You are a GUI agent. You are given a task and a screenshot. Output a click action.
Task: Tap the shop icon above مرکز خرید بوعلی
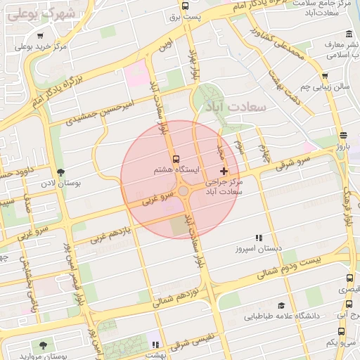tap(40, 37)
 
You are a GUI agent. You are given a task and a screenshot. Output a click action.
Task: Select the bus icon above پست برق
tap(185, 6)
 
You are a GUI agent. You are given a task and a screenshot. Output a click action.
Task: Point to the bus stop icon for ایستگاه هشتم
tap(176, 159)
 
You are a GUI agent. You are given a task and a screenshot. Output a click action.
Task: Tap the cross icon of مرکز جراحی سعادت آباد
tap(224, 171)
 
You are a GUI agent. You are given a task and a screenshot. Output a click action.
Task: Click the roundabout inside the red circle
tap(183, 191)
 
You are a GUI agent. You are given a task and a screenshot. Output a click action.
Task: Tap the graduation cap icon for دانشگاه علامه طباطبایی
tap(282, 305)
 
